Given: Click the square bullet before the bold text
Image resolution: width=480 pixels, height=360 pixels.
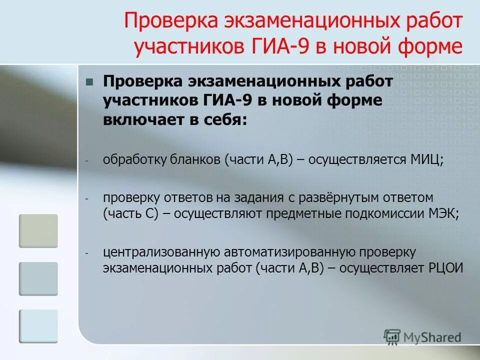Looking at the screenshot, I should point(90,82).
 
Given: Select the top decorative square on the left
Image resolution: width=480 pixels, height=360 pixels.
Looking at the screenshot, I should point(38,231).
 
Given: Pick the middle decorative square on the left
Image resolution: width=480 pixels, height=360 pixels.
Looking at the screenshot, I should point(38,278).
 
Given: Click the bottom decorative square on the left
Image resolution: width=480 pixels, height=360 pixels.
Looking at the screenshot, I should point(38,326).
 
